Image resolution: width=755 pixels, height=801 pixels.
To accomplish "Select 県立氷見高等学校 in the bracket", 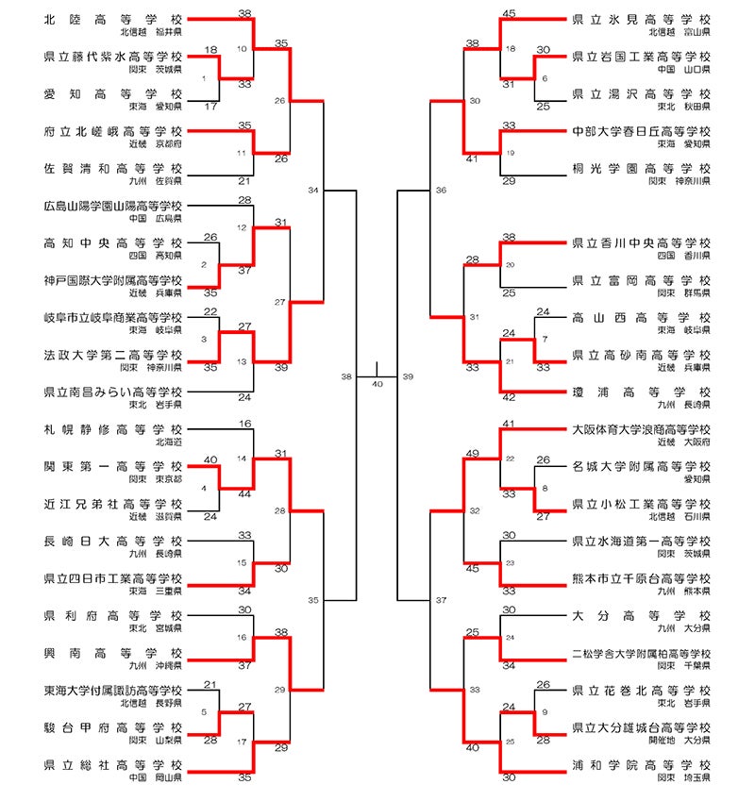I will (x=641, y=19).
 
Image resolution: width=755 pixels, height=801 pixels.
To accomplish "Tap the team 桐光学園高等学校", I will (x=641, y=168).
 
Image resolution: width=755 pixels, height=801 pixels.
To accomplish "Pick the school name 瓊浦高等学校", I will (x=641, y=392).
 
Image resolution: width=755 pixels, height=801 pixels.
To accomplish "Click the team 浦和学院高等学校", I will (x=641, y=765).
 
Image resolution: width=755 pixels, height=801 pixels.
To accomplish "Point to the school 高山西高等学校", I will (x=641, y=318).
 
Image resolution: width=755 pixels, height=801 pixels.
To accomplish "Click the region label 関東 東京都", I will (x=157, y=478).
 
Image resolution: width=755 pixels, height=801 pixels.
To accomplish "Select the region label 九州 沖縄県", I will (x=157, y=665).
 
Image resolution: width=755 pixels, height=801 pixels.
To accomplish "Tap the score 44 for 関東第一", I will (x=244, y=493).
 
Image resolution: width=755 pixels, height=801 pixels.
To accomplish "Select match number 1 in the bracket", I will (x=205, y=78).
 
